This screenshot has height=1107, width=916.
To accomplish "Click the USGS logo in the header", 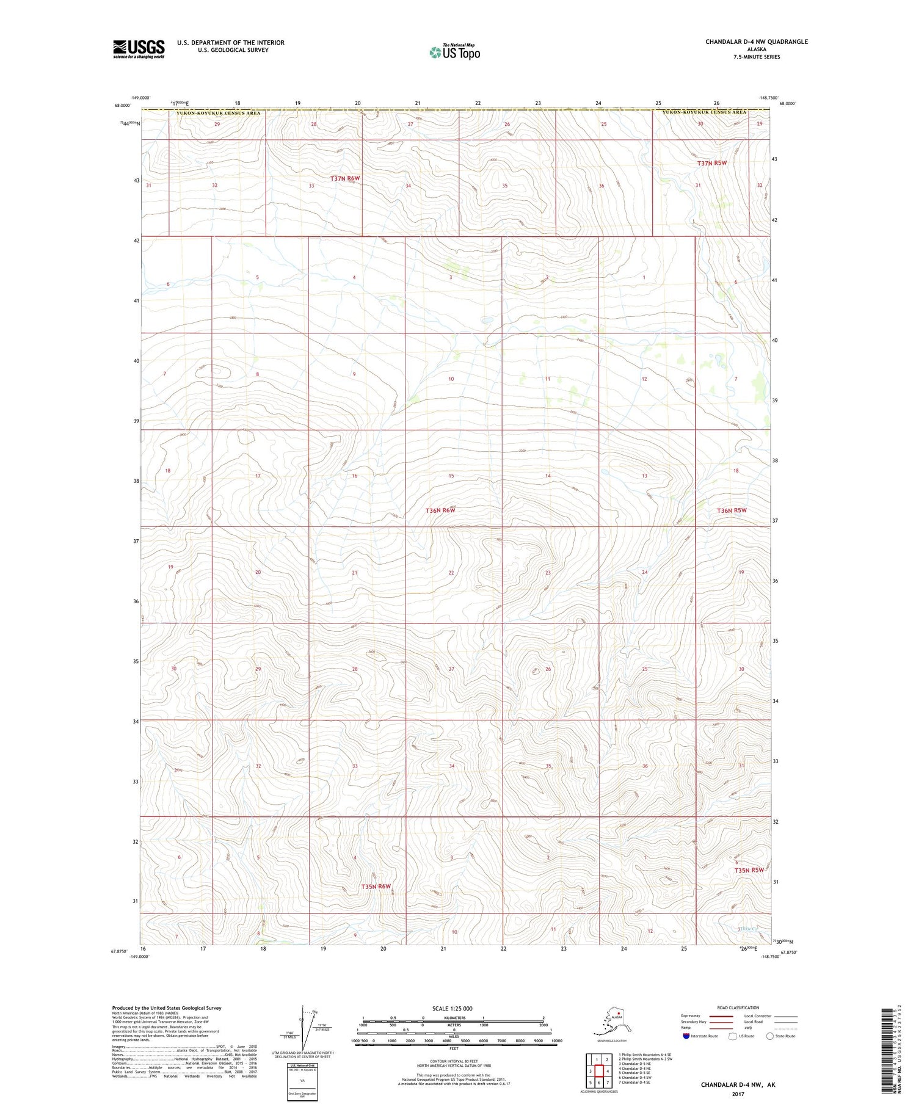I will point(139,49).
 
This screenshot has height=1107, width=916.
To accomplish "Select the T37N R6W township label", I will point(345,178).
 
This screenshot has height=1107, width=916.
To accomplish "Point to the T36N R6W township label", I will point(440,510).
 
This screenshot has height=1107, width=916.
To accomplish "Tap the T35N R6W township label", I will point(376,886).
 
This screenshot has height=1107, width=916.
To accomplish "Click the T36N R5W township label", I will point(732,510).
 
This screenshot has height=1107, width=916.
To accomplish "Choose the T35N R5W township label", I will point(749,870).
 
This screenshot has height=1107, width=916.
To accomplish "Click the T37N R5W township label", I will point(712,163).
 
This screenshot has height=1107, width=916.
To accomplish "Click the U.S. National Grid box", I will point(302,1081).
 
